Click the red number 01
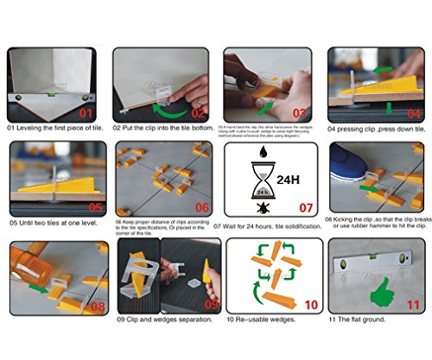coord(86,112)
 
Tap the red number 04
coord(413,113)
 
